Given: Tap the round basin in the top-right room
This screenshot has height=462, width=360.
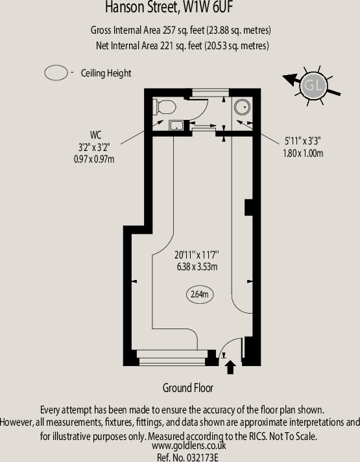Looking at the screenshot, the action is click(x=242, y=107).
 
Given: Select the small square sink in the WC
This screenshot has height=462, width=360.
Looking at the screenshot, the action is click(x=176, y=126).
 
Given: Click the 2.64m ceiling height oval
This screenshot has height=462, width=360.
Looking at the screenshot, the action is click(x=200, y=294).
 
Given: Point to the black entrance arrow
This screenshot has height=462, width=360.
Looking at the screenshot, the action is click(x=230, y=367).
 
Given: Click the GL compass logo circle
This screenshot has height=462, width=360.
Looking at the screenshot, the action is click(x=313, y=86).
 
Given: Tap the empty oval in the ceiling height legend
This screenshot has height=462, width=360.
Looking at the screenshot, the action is click(x=56, y=73).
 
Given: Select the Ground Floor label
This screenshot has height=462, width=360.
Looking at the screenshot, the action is click(x=188, y=387).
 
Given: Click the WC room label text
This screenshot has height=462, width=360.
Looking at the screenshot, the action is click(x=95, y=135).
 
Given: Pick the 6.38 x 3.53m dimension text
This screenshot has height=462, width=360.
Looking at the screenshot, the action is click(x=197, y=267).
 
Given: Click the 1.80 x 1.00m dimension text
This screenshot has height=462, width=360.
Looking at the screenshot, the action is click(x=303, y=154).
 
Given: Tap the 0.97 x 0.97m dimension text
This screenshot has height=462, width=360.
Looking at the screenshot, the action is click(x=94, y=159).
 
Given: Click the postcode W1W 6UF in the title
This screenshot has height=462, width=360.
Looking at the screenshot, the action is click(x=208, y=7).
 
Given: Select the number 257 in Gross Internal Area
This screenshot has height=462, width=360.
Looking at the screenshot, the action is click(x=169, y=30).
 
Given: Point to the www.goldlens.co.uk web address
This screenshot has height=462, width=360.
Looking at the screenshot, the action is click(x=189, y=446).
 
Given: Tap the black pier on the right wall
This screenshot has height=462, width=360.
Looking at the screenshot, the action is click(x=248, y=208).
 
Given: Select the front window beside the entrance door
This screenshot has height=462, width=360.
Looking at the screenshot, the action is click(x=172, y=358).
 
